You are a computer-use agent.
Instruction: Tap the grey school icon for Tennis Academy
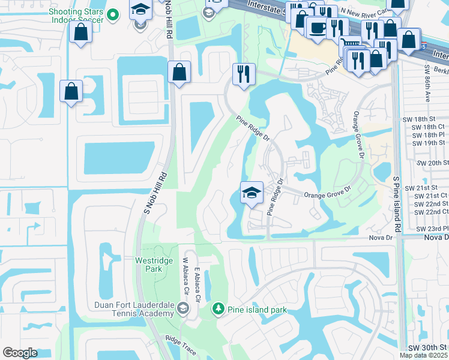(183, 309)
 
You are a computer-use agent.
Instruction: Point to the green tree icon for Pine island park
(218, 309)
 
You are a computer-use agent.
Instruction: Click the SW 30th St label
(427, 348)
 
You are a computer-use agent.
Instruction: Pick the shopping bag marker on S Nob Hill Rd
(179, 73)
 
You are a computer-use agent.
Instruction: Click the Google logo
(20, 353)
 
